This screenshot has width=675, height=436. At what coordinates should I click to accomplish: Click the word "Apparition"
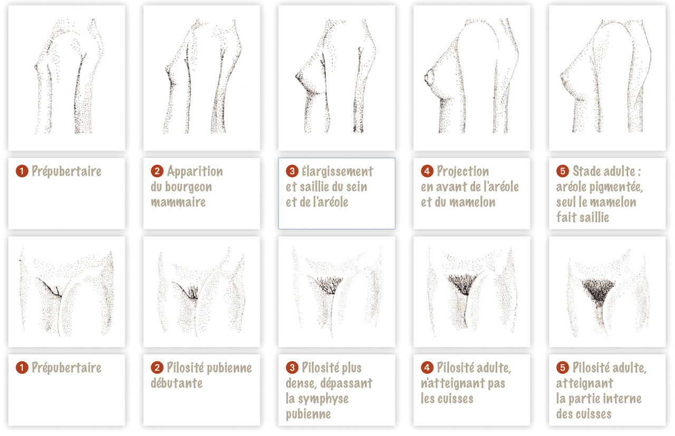click(x=195, y=171)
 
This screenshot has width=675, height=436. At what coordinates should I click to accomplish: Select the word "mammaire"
click(x=178, y=202)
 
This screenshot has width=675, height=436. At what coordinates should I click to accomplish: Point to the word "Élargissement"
click(x=337, y=171)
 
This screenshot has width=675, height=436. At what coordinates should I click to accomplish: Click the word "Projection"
click(x=463, y=171)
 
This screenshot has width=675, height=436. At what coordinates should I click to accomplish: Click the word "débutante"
click(x=177, y=383)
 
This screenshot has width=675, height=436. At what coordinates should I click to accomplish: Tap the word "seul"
click(x=566, y=202)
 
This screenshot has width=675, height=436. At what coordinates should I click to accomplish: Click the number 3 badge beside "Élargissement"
click(x=292, y=171)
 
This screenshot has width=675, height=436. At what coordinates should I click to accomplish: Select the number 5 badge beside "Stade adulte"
click(x=563, y=171)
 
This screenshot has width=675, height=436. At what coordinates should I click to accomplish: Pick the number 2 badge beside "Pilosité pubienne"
click(x=157, y=367)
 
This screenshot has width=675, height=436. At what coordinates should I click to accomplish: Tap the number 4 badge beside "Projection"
click(x=427, y=171)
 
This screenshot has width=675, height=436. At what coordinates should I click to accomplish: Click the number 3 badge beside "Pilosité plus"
click(x=292, y=367)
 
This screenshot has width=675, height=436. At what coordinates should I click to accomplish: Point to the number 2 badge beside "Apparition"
click(x=157, y=171)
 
